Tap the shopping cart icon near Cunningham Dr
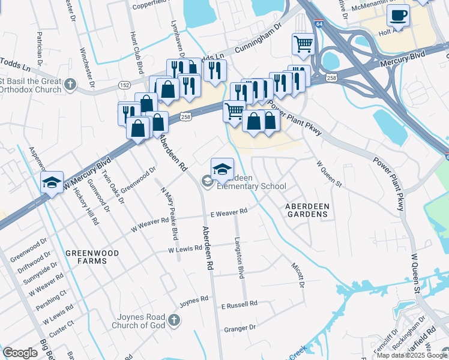303,44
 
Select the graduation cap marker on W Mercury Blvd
52,182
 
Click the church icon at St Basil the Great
71,83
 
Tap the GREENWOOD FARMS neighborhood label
92,257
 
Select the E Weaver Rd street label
229,212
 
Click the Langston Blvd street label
241,265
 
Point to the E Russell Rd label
239,304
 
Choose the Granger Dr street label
240,328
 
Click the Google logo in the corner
20,353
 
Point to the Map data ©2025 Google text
412,355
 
